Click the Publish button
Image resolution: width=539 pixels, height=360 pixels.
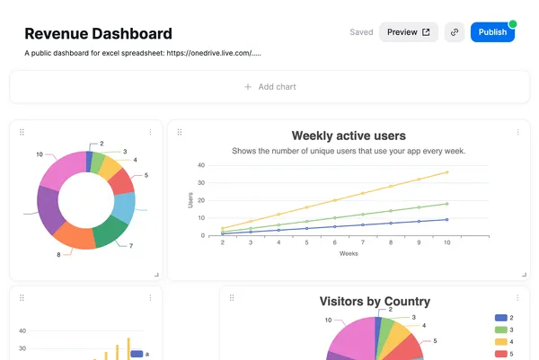[x=492, y=32]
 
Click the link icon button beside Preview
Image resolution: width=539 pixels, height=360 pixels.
[x=455, y=32]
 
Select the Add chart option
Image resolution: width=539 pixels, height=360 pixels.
[x=269, y=87]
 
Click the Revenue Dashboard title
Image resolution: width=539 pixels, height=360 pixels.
[x=98, y=34]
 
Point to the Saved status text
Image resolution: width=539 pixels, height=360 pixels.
[x=361, y=32]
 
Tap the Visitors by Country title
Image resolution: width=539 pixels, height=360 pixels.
[x=375, y=302]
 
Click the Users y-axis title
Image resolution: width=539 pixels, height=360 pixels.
[x=190, y=200]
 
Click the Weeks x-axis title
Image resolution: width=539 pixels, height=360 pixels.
[x=349, y=253]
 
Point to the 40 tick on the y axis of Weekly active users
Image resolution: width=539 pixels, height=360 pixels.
[x=200, y=165]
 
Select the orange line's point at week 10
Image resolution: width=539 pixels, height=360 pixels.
[x=447, y=172]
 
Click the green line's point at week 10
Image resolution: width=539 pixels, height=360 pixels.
[x=447, y=204]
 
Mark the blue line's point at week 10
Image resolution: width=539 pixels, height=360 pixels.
[x=447, y=219]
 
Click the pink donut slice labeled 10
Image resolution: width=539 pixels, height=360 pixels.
[x=62, y=172]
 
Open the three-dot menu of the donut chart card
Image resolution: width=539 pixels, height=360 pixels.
[x=150, y=132]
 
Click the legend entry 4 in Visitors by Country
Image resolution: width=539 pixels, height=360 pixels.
[x=504, y=342]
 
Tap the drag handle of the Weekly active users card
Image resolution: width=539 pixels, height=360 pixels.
[x=180, y=132]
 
